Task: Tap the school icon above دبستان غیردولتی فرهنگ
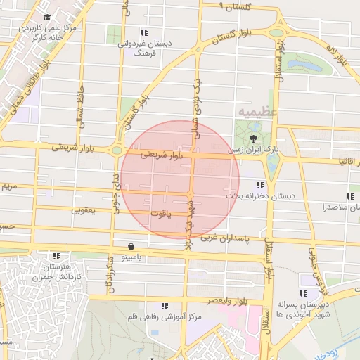[144, 32]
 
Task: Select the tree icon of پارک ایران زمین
[253, 139]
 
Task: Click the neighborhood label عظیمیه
[258, 111]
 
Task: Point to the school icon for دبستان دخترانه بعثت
[261, 185]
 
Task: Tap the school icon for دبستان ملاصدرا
[350, 196]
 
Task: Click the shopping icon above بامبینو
[132, 246]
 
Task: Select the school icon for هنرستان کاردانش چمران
[56, 257]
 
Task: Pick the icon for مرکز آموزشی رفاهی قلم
[165, 306]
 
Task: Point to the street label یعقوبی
[83, 210]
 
